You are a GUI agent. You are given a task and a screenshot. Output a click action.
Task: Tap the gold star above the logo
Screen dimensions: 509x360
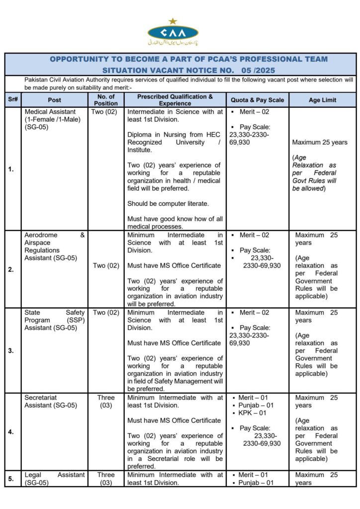click(173, 21)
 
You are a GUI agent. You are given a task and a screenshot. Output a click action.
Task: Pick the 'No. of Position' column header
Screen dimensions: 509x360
click(106, 99)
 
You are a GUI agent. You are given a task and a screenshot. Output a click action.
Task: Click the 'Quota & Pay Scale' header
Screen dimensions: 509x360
click(258, 99)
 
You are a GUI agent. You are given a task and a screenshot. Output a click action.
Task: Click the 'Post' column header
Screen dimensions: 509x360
click(55, 99)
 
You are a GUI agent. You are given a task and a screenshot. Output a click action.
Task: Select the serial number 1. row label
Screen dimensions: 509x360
click(11, 169)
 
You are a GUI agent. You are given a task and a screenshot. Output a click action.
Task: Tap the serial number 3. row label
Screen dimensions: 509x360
click(11, 350)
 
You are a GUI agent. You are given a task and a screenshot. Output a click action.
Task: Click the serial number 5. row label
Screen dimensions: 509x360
click(11, 479)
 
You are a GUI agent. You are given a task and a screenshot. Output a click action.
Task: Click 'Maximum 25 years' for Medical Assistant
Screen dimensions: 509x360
click(320, 143)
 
